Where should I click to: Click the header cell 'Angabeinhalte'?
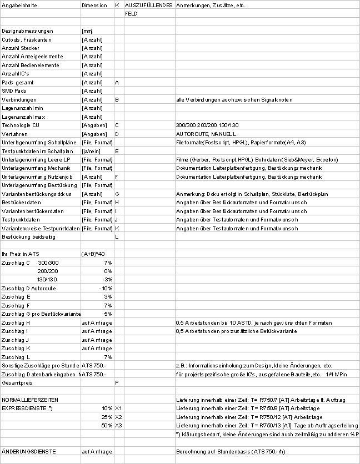18,5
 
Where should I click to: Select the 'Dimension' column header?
93,5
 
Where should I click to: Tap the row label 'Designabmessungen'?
28,31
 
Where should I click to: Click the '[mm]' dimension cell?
87,31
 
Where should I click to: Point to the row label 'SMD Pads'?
14,90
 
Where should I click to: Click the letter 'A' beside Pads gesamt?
117,82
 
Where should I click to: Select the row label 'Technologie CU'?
21,125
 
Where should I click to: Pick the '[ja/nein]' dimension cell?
92,151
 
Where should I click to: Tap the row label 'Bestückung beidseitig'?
29,236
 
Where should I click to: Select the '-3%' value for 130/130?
108,279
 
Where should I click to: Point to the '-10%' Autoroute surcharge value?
106,288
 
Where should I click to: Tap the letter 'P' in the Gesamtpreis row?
117,382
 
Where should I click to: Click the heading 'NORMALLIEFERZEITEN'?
30,400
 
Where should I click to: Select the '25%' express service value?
106,417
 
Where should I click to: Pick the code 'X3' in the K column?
118,425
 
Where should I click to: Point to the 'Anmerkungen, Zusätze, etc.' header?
211,5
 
